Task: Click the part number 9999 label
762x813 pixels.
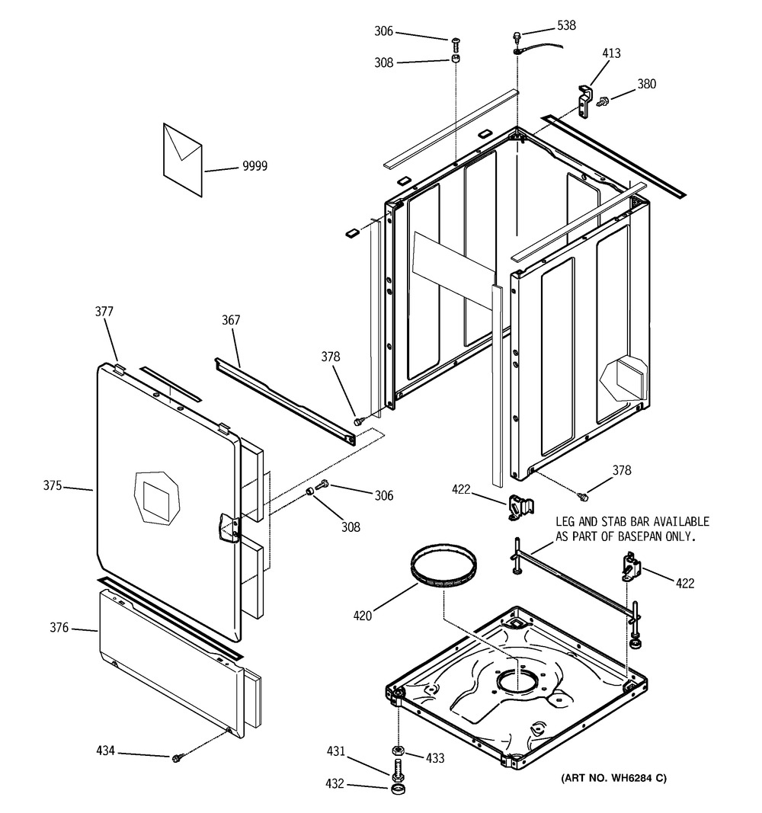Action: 255,166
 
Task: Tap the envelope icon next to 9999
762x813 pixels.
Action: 182,160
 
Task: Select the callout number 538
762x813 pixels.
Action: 567,25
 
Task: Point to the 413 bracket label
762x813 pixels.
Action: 612,53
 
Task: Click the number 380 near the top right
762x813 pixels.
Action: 646,84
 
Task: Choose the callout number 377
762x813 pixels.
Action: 104,311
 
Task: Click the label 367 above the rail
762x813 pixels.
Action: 231,320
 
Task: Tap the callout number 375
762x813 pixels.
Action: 53,486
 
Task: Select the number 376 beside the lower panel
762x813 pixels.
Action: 59,627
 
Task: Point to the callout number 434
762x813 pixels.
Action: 105,751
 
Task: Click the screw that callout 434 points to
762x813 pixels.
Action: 176,759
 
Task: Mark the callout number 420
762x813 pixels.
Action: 363,616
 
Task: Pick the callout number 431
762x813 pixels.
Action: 336,751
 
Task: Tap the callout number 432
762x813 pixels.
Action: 335,783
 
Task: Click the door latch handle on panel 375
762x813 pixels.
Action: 229,528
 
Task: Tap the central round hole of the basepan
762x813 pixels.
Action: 517,680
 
